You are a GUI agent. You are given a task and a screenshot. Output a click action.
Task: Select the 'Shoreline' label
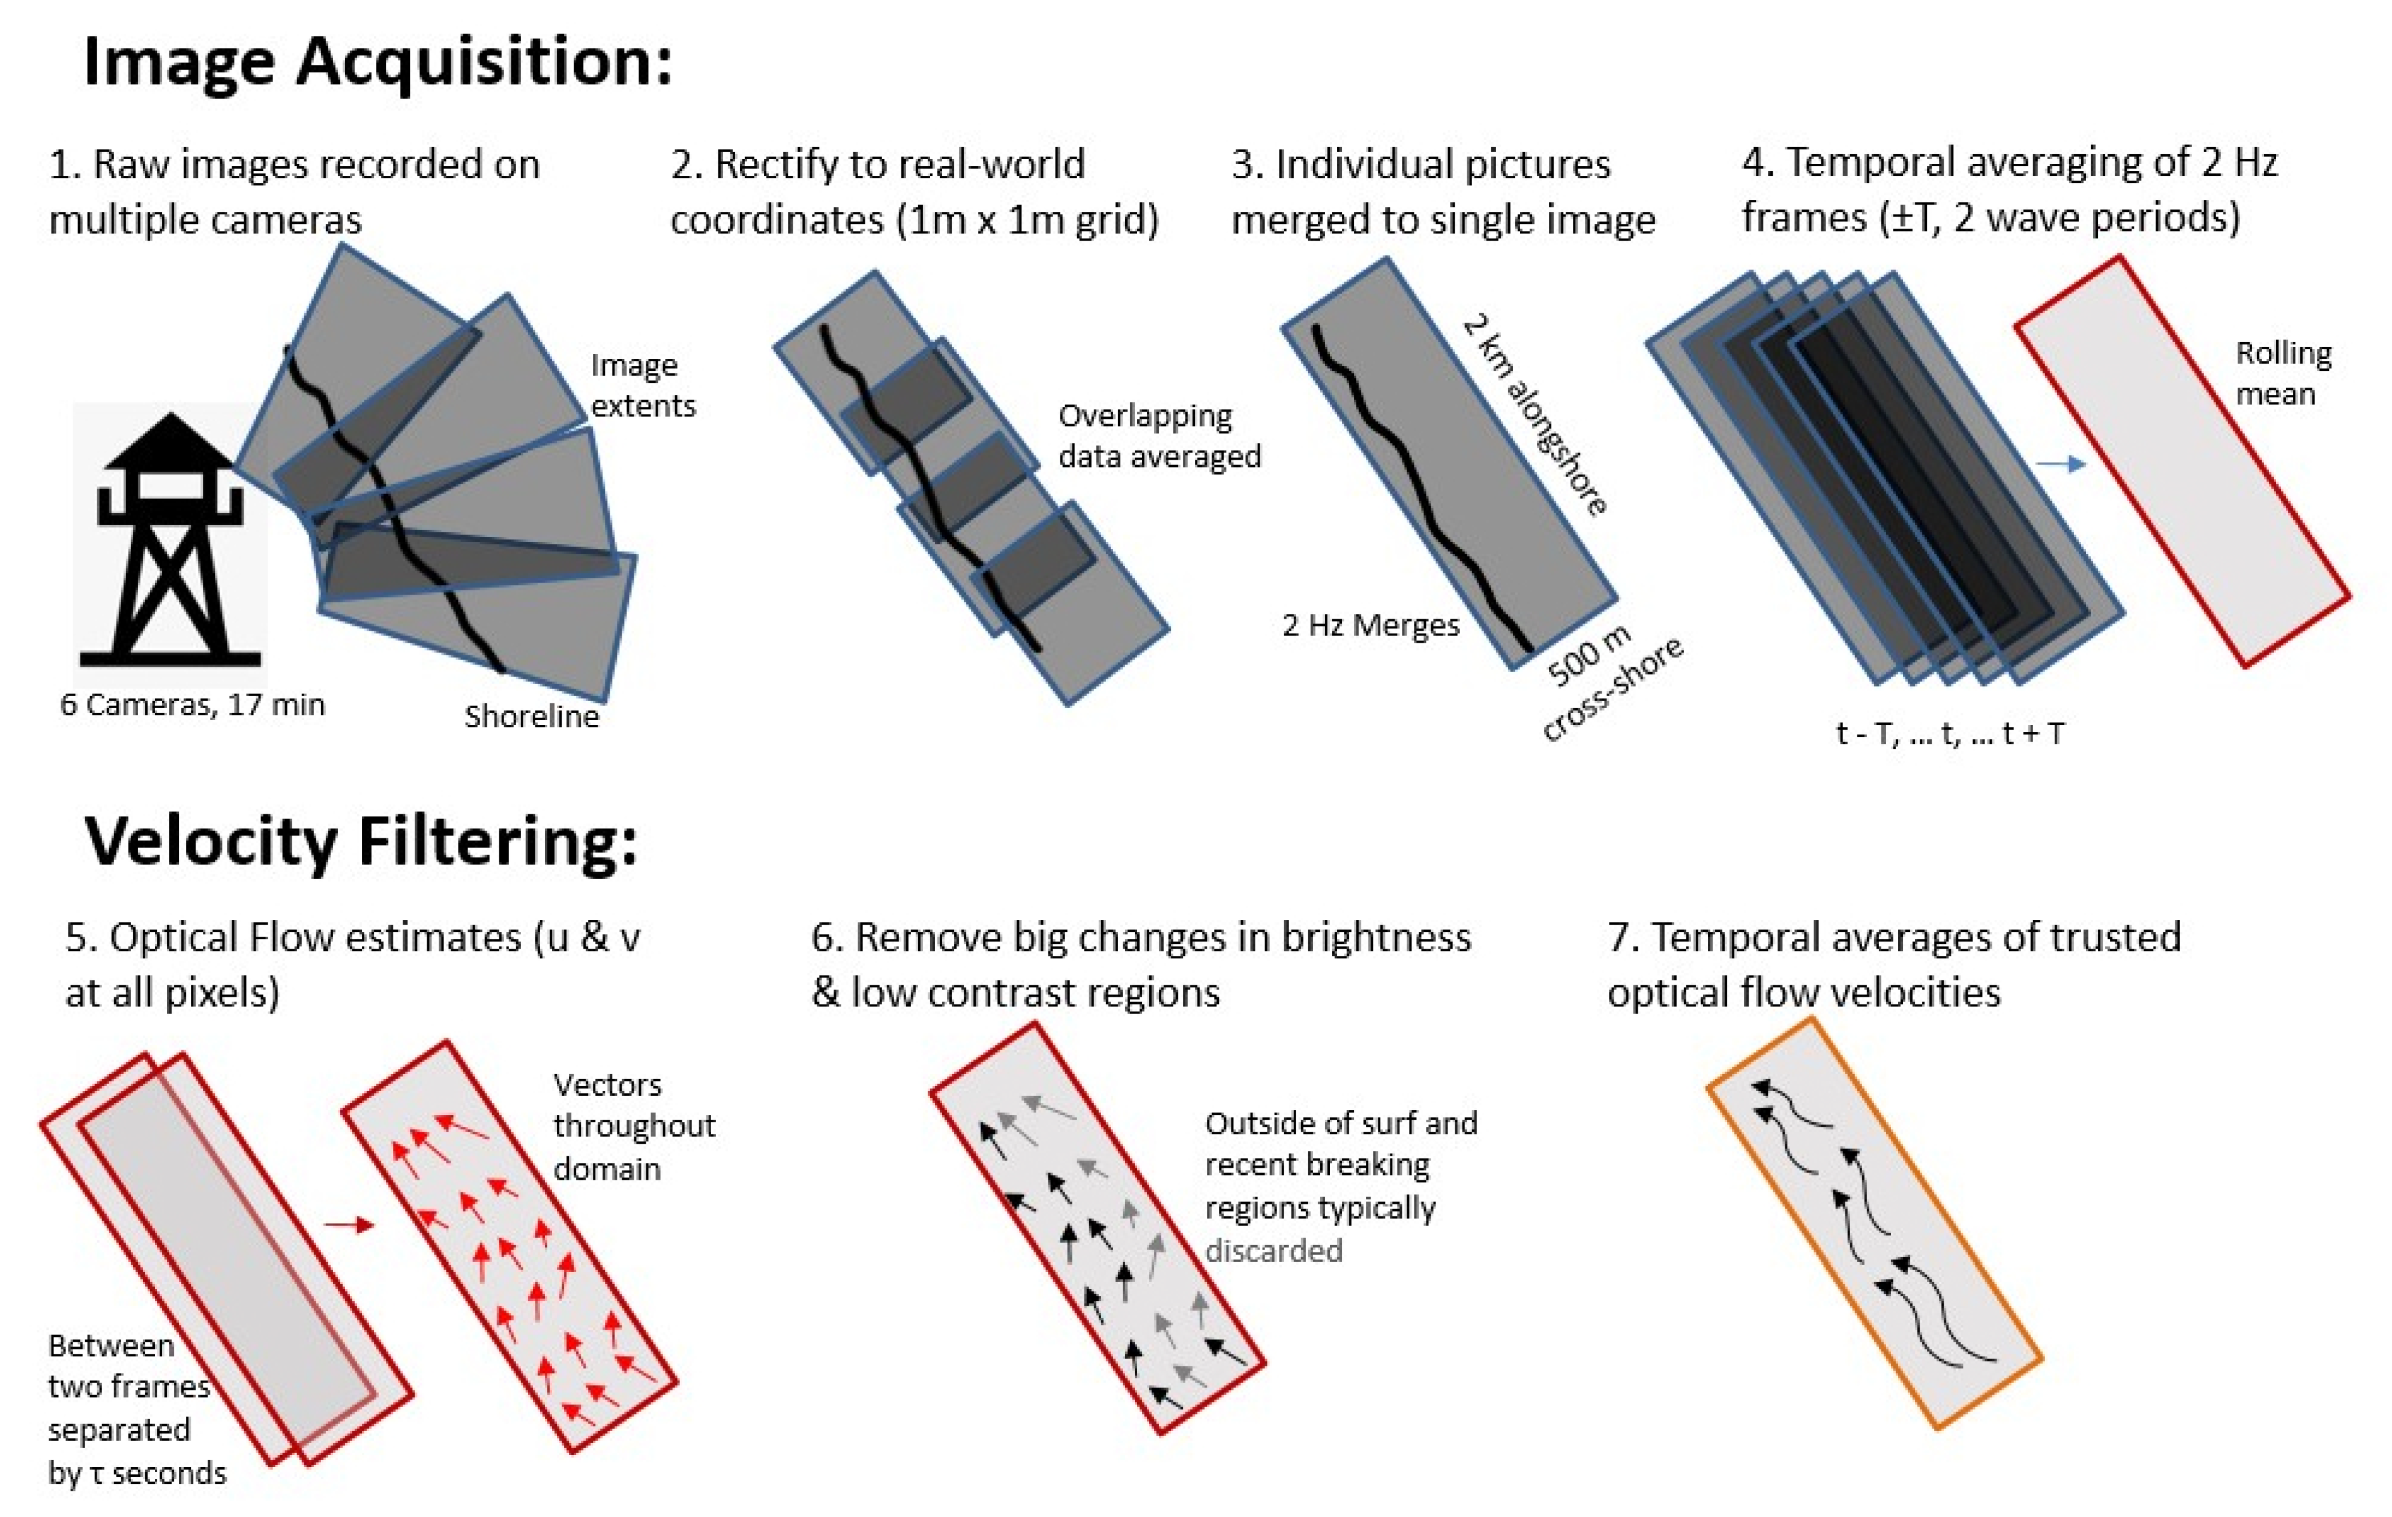pos(532,716)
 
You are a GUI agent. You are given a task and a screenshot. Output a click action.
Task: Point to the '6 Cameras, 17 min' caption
pos(191,704)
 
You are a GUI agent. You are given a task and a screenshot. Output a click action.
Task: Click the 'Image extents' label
pos(642,385)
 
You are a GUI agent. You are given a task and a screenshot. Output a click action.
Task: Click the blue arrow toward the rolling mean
pos(2059,464)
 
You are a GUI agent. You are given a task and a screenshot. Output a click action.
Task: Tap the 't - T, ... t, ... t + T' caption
pos(1950,733)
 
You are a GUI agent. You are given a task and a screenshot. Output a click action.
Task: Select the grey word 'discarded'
pos(1273,1250)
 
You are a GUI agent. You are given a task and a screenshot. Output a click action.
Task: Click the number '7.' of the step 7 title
pos(1623,937)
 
